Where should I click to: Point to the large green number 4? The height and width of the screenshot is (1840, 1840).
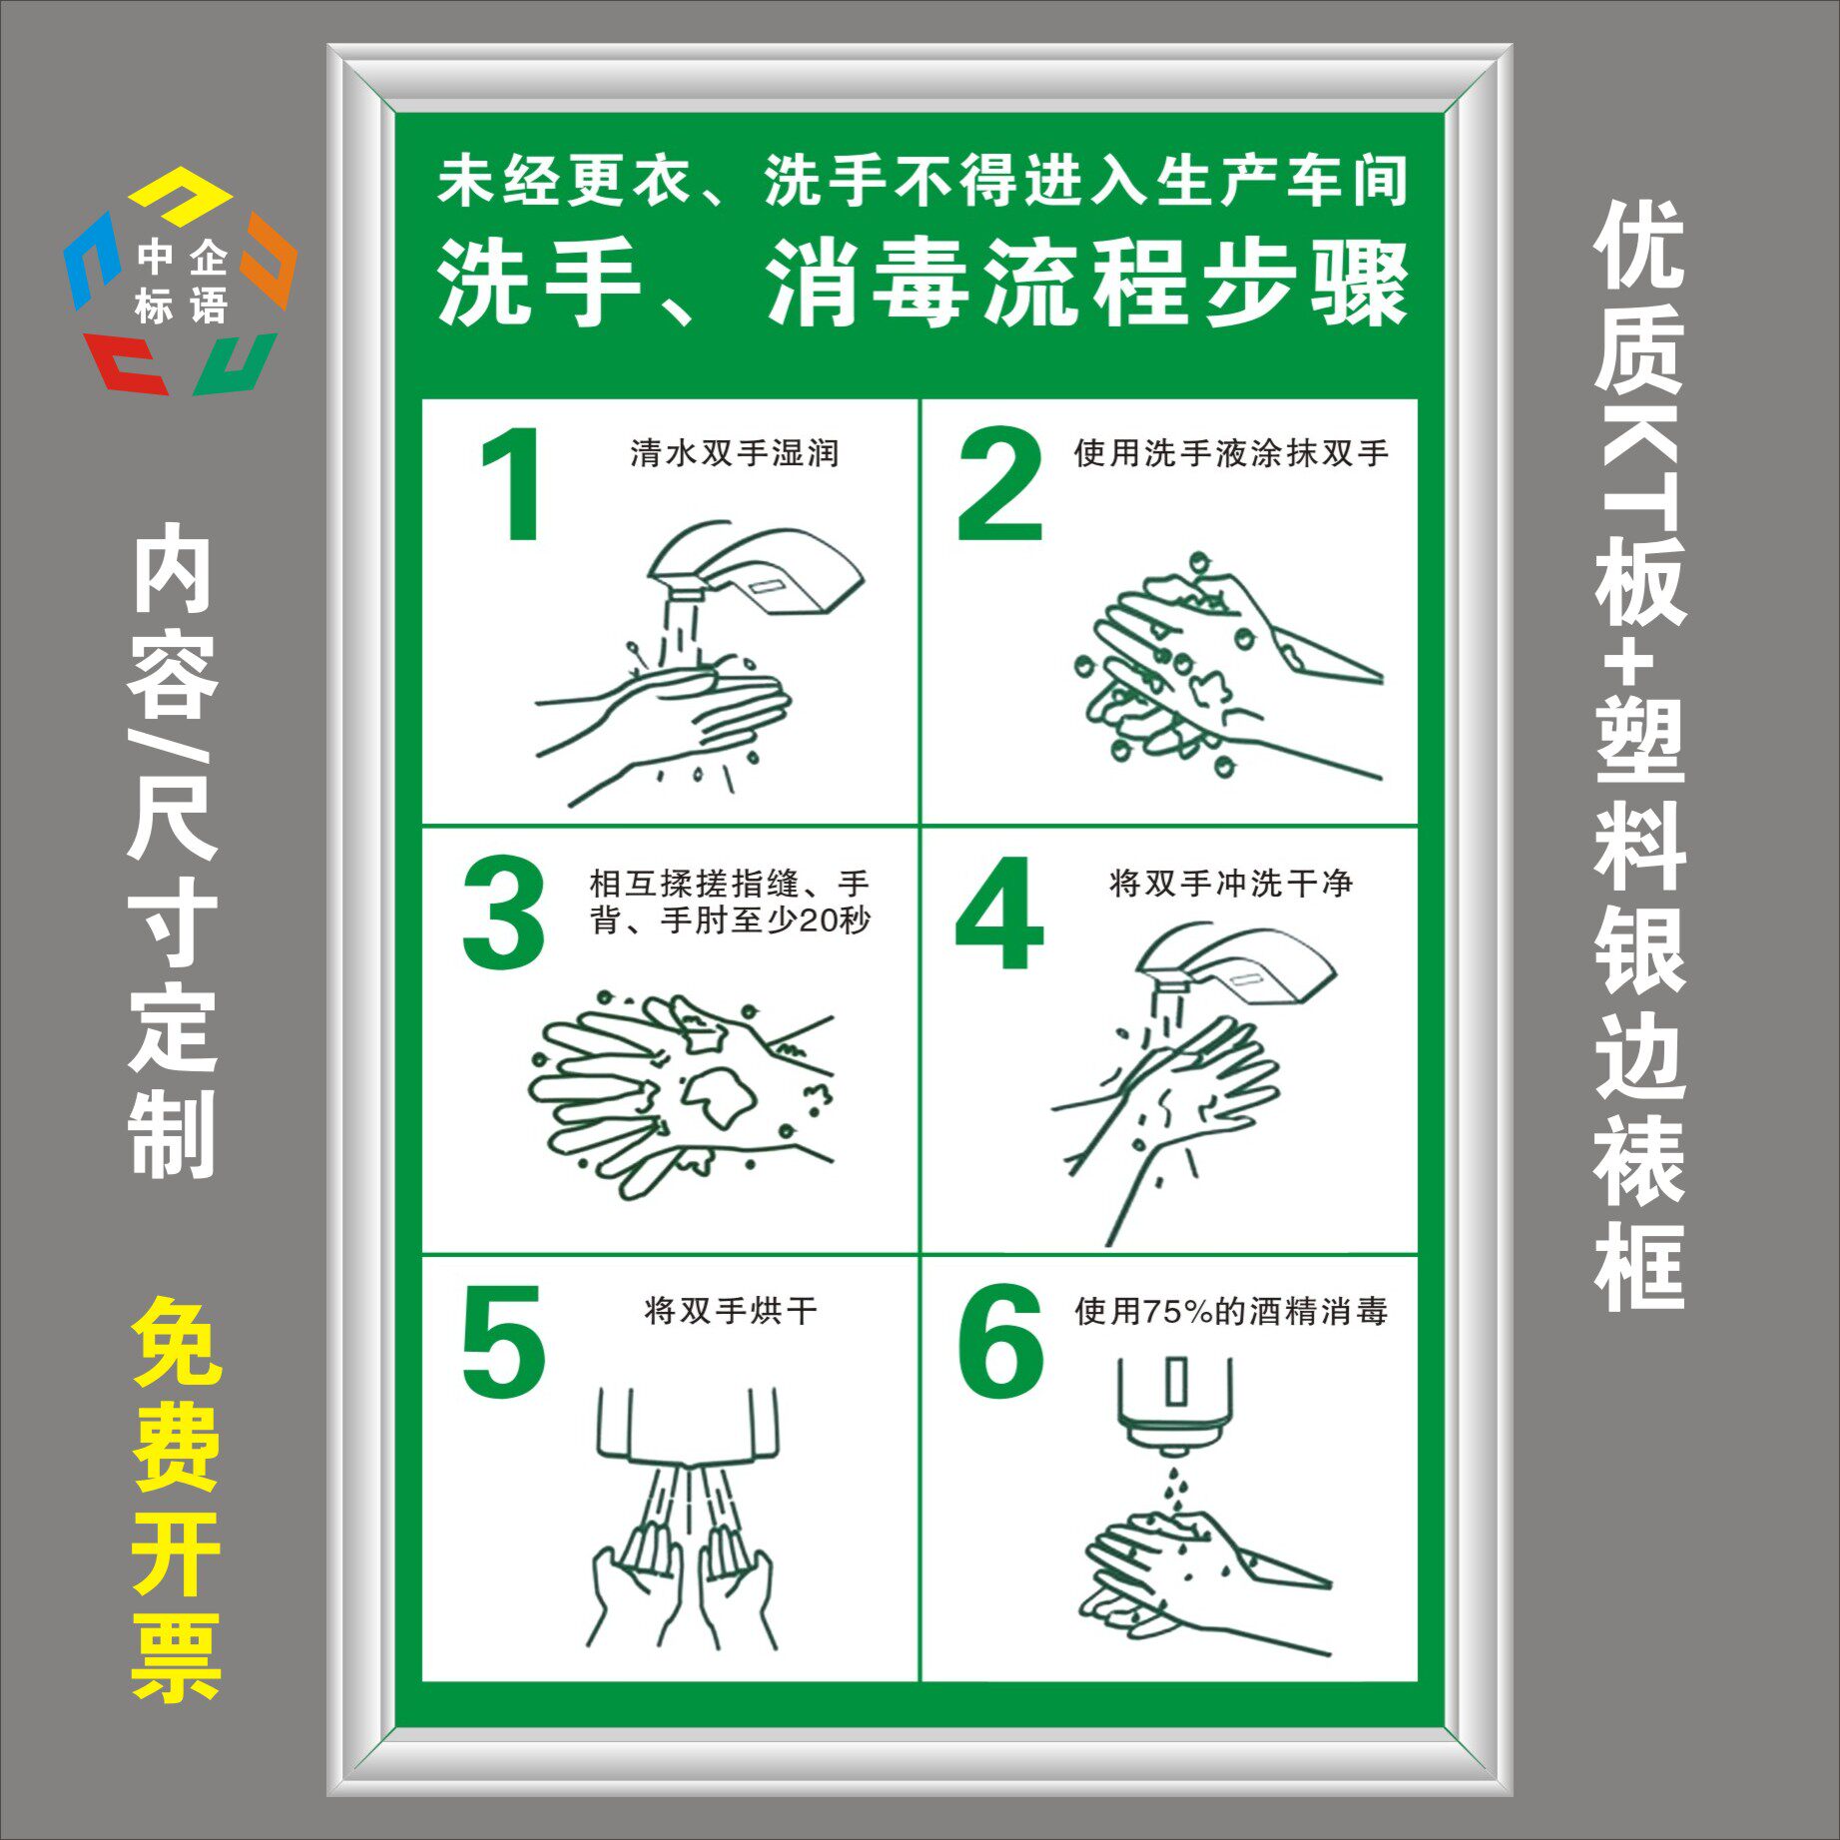tap(999, 913)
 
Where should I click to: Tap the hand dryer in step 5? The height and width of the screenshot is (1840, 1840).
tap(688, 1422)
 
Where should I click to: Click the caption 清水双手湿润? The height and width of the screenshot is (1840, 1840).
tap(734, 453)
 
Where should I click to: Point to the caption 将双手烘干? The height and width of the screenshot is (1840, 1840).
tap(730, 1310)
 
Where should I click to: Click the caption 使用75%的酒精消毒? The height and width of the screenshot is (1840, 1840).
tap(1230, 1311)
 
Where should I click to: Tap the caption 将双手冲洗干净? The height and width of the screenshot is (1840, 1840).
tap(1230, 883)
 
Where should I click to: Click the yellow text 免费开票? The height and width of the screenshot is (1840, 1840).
tap(176, 1499)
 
